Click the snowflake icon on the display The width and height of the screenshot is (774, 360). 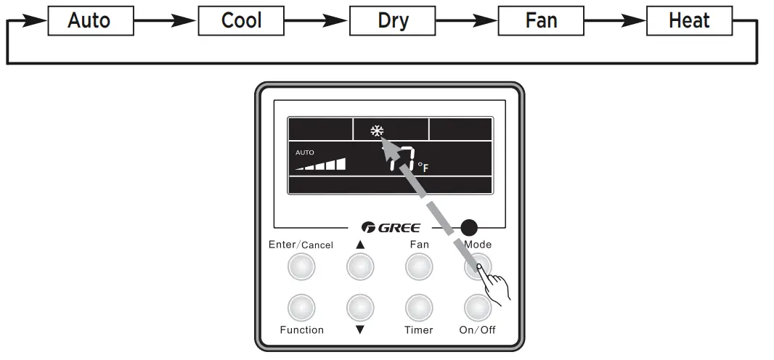coord(377,131)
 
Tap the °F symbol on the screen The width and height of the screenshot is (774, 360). coord(423,168)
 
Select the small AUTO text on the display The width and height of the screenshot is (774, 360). coord(305,153)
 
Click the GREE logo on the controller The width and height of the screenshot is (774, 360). coord(390,228)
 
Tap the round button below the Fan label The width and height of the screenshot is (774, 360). coord(419,268)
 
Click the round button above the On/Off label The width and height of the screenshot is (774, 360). coord(477,308)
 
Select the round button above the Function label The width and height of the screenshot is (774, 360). coord(301,308)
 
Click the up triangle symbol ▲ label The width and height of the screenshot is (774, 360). coord(360,245)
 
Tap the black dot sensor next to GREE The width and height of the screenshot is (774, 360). coord(470,227)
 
